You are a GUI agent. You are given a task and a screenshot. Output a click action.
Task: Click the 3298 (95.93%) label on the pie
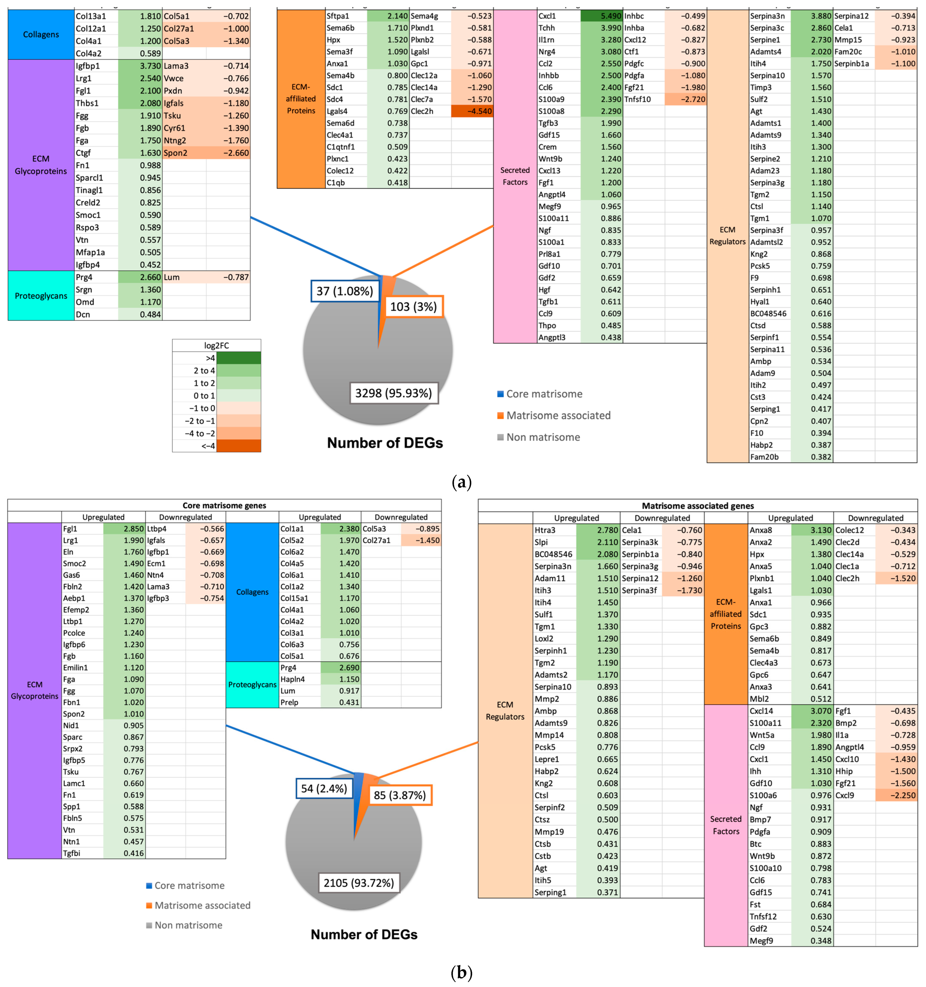(394, 393)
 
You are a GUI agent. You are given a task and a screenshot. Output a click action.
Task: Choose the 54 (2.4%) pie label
(324, 788)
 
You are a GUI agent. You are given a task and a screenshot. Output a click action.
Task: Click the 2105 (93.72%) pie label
(359, 883)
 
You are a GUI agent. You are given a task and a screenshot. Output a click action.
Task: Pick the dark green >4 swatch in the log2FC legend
(238, 358)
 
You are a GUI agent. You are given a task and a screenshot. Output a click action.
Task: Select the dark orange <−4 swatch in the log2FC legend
(238, 446)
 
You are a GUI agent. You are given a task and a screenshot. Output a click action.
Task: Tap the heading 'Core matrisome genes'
(224, 505)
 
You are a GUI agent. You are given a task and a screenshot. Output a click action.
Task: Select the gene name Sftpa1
(338, 16)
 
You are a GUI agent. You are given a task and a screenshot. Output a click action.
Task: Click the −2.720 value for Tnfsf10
(686, 99)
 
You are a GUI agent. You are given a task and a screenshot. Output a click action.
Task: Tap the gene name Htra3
(545, 530)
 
